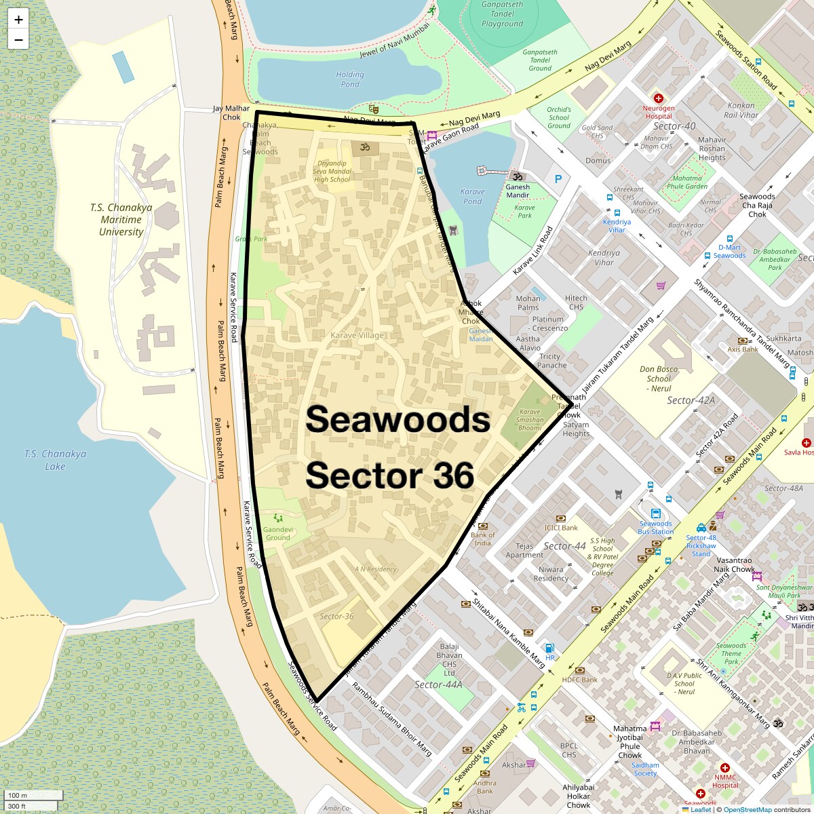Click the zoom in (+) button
(x=18, y=20)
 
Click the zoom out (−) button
(x=18, y=40)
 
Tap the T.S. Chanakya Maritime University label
(x=121, y=219)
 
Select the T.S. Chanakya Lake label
(x=55, y=460)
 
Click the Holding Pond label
(x=350, y=79)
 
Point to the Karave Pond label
(x=472, y=196)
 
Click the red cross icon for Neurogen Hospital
(x=658, y=98)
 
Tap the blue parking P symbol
(x=558, y=179)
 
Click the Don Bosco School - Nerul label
(x=659, y=379)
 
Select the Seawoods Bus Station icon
(x=655, y=513)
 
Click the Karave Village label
(x=357, y=335)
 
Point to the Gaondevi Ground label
(x=278, y=533)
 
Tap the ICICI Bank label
(x=561, y=527)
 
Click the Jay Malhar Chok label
(x=231, y=113)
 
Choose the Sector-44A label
(x=438, y=684)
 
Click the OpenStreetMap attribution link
(x=747, y=809)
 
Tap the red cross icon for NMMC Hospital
(x=724, y=768)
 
